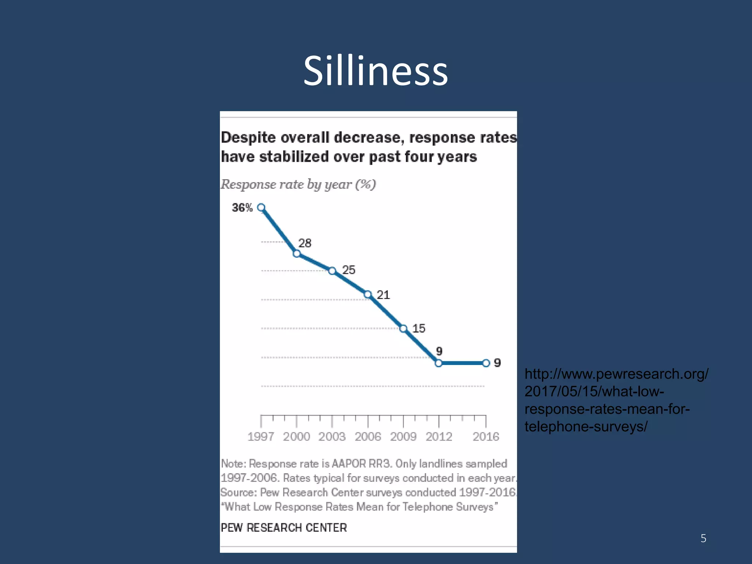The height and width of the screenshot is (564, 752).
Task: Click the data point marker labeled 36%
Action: point(261,207)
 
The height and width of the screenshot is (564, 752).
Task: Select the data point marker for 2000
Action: point(297,253)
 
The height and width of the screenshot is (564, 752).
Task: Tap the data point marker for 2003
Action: point(332,271)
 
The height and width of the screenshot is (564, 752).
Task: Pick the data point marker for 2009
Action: point(403,329)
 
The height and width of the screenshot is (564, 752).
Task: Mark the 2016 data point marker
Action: point(486,363)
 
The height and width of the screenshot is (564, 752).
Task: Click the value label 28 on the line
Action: point(305,243)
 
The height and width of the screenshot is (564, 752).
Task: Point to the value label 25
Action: point(349,270)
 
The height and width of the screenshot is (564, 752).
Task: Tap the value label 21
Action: point(383,295)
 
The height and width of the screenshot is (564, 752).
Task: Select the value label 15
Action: point(419,328)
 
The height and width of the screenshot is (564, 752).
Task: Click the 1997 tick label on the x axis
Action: point(261,437)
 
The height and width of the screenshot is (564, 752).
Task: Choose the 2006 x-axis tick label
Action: point(368,437)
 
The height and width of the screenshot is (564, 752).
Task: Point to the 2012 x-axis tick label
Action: point(439,437)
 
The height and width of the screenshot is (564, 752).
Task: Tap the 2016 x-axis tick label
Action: point(486,437)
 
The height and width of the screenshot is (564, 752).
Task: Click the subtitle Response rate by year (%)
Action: point(298,184)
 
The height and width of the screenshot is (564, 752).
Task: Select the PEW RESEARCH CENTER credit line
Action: point(284,528)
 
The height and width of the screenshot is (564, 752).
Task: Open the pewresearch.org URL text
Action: point(616,400)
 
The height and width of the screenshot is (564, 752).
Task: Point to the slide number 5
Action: point(703,538)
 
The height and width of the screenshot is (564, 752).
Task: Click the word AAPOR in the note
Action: point(348,464)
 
